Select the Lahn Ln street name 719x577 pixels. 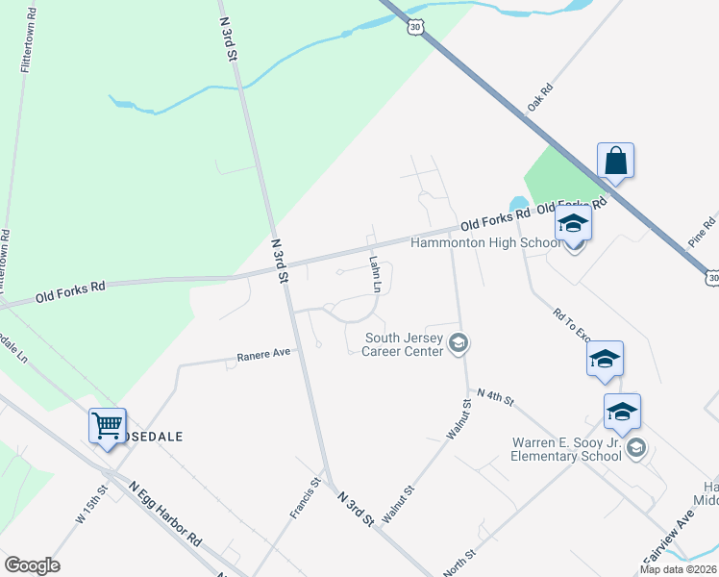[x=376, y=274]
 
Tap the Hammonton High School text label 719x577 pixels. [x=485, y=242]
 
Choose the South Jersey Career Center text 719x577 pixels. [x=404, y=344]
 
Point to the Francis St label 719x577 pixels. [x=305, y=498]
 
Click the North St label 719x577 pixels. [x=459, y=564]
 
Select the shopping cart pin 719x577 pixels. [x=108, y=424]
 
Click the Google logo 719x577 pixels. [x=32, y=565]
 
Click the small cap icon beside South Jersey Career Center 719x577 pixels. [x=459, y=343]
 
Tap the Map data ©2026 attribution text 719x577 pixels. [x=678, y=569]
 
